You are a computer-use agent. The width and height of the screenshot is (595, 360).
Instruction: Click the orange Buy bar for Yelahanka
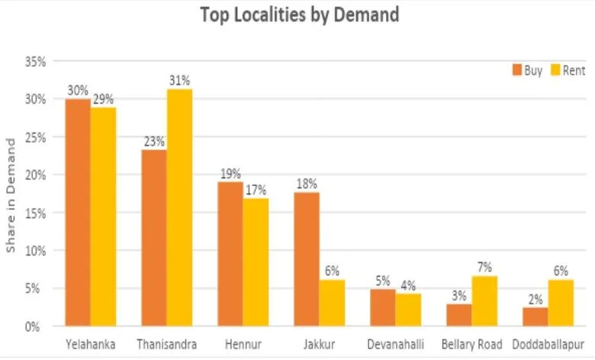coord(78,213)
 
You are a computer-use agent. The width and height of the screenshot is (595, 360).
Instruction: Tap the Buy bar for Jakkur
coord(307,259)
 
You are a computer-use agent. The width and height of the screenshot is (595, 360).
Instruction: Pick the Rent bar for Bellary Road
coord(484,301)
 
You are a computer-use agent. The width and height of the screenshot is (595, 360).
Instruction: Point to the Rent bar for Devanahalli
coord(408,310)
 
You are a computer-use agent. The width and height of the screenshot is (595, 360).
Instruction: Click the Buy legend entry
coord(527,71)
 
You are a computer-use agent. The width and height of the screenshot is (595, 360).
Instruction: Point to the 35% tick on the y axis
coord(36,62)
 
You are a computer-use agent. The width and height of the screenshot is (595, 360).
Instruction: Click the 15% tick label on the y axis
coord(36,213)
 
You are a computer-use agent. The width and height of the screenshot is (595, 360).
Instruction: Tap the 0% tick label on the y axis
coord(39,326)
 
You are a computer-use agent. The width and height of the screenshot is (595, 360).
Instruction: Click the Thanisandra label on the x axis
coord(166,345)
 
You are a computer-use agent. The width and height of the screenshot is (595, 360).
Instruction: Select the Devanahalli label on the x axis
coord(395,345)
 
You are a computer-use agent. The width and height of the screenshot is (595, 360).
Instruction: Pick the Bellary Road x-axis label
coord(471,345)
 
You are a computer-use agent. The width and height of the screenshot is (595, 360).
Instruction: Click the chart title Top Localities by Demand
coord(300,14)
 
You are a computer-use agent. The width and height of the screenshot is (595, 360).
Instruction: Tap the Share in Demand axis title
coord(11,195)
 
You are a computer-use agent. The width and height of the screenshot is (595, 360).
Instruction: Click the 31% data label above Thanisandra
coord(180,80)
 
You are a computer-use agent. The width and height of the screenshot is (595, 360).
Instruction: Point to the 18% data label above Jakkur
coord(307,184)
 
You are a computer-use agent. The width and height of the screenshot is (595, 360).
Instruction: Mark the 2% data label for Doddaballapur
coord(536,299)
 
